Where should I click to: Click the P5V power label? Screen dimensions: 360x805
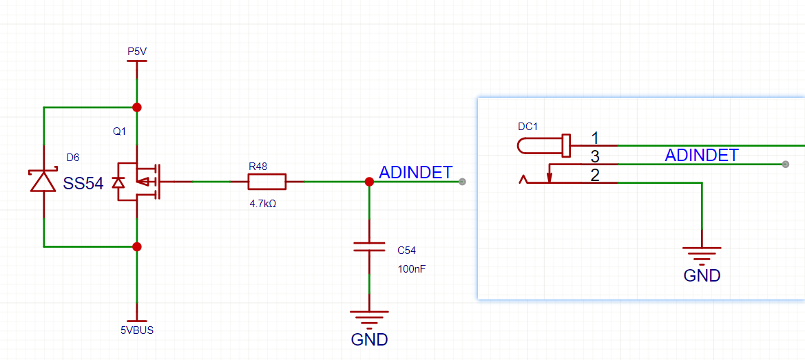pyautogui.click(x=137, y=52)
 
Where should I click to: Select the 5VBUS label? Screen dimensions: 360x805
pyautogui.click(x=137, y=330)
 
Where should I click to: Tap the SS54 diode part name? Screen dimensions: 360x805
pyautogui.click(x=83, y=183)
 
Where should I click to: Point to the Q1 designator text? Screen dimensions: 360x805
pyautogui.click(x=120, y=131)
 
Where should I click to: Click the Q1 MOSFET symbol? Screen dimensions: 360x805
pyautogui.click(x=138, y=182)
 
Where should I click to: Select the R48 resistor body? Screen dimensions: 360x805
pyautogui.click(x=266, y=182)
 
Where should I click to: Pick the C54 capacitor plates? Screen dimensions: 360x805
pyautogui.click(x=369, y=246)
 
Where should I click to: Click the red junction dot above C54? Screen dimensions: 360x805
pyautogui.click(x=369, y=182)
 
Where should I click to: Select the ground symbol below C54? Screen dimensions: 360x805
pyautogui.click(x=369, y=318)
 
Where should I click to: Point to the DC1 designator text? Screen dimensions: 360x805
pyautogui.click(x=527, y=127)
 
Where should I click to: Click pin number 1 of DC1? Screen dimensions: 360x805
pyautogui.click(x=595, y=137)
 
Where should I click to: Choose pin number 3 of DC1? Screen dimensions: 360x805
pyautogui.click(x=595, y=156)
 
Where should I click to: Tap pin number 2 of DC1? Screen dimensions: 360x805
pyautogui.click(x=595, y=175)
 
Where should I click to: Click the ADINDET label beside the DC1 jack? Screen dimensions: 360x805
pyautogui.click(x=701, y=156)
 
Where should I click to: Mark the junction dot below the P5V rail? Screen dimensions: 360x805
pyautogui.click(x=137, y=107)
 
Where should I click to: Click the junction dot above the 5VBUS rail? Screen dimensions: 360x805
pyautogui.click(x=137, y=246)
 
